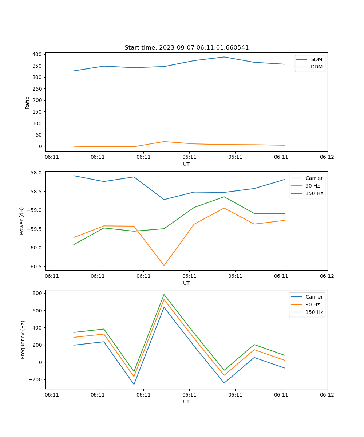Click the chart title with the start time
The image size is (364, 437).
[x=186, y=48]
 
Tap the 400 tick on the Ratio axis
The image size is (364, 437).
[x=38, y=54]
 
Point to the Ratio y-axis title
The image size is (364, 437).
[x=28, y=102]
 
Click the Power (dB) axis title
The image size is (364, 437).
[x=22, y=221]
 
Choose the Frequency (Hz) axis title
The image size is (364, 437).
[x=23, y=339]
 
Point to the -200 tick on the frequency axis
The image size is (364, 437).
[x=36, y=379]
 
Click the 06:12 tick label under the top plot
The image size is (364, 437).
[x=327, y=157]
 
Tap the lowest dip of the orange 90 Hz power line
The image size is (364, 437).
[x=164, y=265]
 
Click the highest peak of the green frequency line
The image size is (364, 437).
[x=164, y=295]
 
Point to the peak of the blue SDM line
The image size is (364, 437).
[x=224, y=57]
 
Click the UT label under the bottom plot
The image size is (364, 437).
[x=186, y=402]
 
